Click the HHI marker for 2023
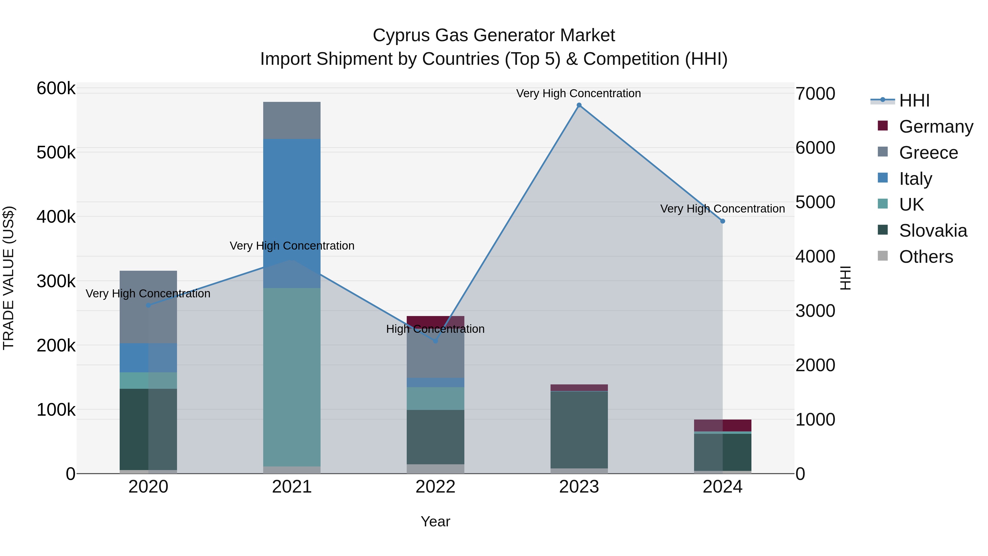[x=579, y=105]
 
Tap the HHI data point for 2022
[x=435, y=341]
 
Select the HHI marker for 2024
[x=723, y=221]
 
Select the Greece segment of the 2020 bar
[x=148, y=307]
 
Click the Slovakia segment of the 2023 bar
[x=579, y=430]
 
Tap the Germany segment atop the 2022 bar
[x=435, y=321]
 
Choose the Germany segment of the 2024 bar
[x=723, y=425]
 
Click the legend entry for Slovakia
[x=932, y=231]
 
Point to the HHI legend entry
[x=914, y=100]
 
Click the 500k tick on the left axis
[x=56, y=153]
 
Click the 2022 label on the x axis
[x=435, y=487]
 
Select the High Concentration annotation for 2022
[x=435, y=329]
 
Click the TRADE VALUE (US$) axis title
[x=9, y=278]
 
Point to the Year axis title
[x=435, y=521]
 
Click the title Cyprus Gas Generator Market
[x=494, y=35]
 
